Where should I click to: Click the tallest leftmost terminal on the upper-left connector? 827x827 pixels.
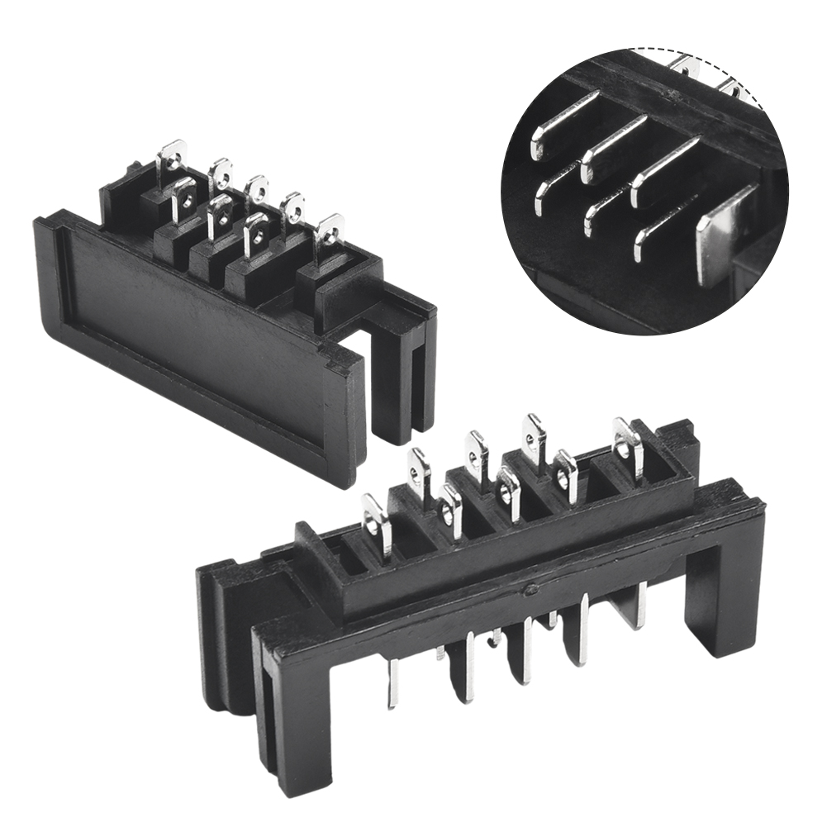pyautogui.click(x=172, y=157)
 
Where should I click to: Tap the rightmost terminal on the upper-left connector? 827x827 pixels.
pyautogui.click(x=330, y=232)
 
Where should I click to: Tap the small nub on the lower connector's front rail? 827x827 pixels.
pyautogui.click(x=532, y=589)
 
